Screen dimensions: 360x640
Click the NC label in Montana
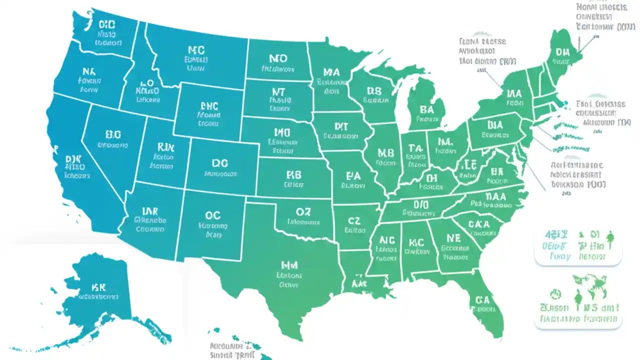(196, 50)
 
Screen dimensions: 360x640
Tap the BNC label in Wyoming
(209, 105)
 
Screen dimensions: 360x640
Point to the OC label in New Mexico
(213, 215)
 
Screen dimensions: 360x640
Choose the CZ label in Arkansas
(354, 220)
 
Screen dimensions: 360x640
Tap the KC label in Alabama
(416, 242)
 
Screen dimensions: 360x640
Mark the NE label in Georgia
(453, 238)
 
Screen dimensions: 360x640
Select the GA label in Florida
(482, 299)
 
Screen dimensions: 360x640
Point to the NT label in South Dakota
(278, 92)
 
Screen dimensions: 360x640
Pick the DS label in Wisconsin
(374, 91)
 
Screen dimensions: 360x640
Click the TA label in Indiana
(415, 148)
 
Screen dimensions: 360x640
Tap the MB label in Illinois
(386, 153)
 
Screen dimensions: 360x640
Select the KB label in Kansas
(294, 175)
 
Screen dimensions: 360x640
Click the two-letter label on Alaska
(98, 287)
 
